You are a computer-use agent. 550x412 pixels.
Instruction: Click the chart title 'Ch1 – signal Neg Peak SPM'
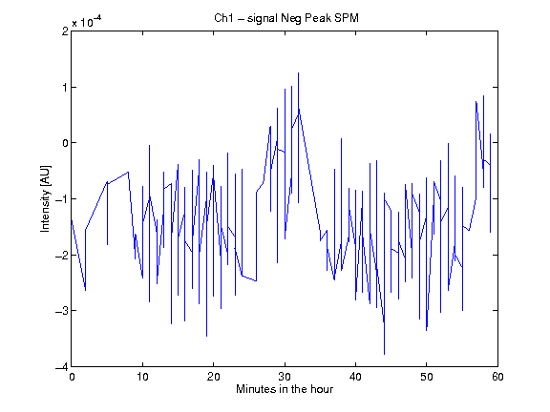point(286,18)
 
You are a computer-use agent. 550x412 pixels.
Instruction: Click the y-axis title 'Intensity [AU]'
point(46,198)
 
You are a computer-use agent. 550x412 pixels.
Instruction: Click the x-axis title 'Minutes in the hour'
point(285,389)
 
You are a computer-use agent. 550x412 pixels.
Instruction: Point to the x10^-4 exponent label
point(87,22)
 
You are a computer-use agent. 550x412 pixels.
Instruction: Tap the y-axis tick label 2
point(65,31)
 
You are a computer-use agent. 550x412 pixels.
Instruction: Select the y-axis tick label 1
point(65,87)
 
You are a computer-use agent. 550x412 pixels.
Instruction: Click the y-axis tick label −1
point(62,199)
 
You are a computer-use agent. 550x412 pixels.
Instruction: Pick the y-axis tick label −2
point(62,255)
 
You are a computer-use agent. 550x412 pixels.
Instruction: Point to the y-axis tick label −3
point(62,311)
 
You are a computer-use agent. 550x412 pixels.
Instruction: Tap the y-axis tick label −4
point(62,367)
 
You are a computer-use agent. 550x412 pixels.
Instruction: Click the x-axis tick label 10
point(142,377)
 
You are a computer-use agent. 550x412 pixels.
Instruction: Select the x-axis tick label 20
point(213,377)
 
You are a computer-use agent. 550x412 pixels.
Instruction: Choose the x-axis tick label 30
point(285,377)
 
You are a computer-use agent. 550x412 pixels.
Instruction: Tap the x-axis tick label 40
point(355,377)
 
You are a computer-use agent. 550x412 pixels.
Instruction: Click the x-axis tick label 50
point(427,377)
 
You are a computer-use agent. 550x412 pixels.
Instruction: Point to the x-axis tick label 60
point(497,377)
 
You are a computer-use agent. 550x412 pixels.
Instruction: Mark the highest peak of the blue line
point(299,72)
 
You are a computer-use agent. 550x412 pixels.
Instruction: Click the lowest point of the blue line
point(384,354)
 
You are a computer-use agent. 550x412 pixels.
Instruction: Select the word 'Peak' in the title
point(317,18)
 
